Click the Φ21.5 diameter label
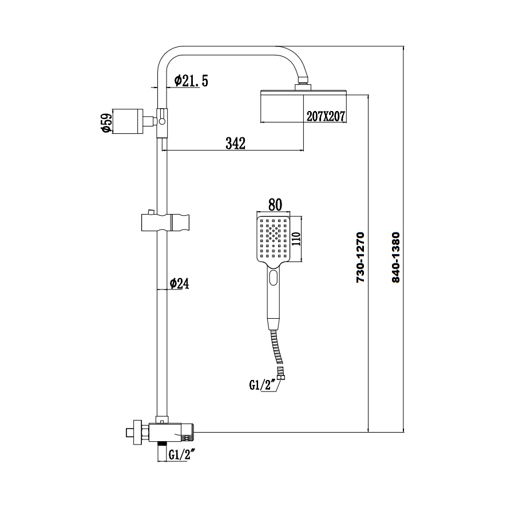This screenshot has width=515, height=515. point(191,80)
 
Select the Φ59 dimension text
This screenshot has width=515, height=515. point(105,122)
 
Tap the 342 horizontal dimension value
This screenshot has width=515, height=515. point(235,143)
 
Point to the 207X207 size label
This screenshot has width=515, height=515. point(324,116)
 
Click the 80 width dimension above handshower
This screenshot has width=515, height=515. point(275,205)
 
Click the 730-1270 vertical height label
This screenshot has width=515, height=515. point(360,258)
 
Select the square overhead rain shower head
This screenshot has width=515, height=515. point(303,106)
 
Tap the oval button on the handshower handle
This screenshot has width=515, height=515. point(274,279)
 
